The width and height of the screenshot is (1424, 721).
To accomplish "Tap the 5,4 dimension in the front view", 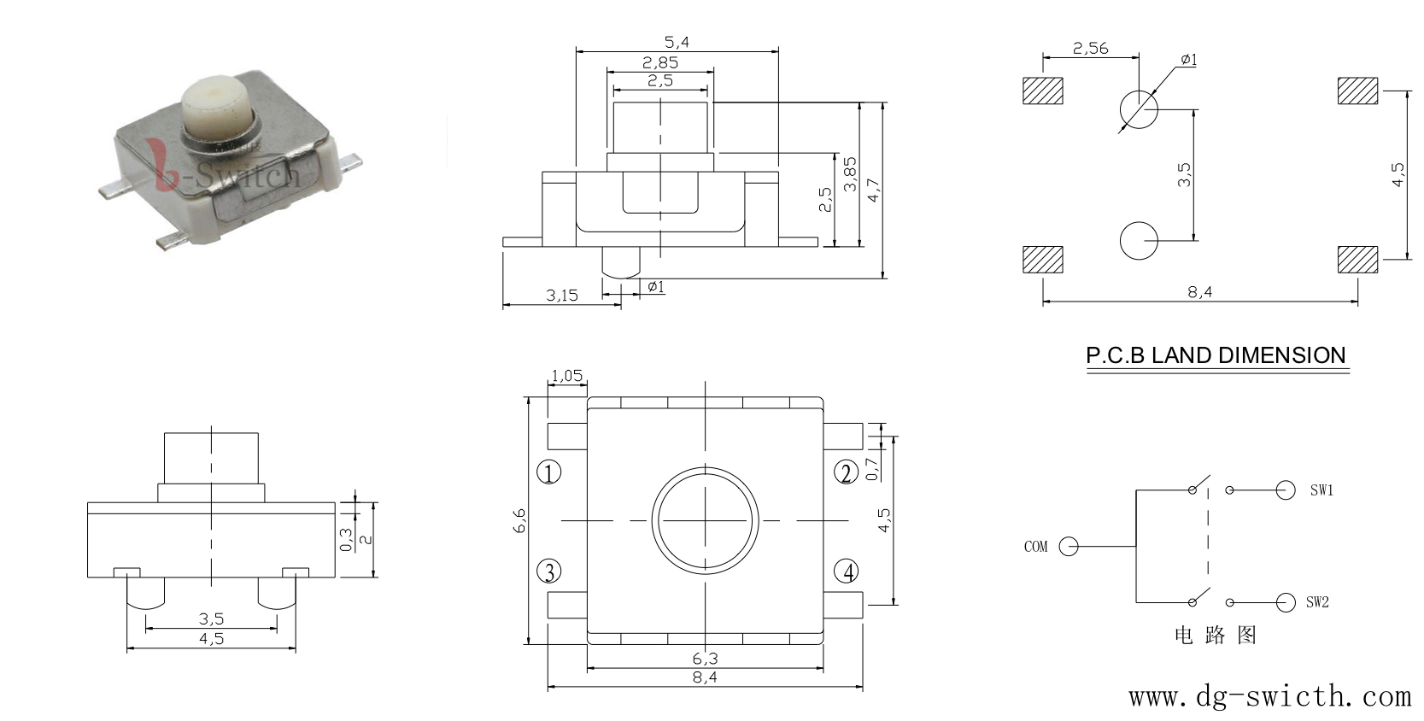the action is pyautogui.click(x=677, y=43).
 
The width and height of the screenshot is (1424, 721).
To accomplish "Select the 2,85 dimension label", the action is pyautogui.click(x=659, y=62).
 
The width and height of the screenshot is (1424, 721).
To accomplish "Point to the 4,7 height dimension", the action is pyautogui.click(x=874, y=191).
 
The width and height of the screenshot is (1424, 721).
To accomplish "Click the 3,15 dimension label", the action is pyautogui.click(x=562, y=296).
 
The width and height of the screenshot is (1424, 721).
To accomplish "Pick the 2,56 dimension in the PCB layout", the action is pyautogui.click(x=1090, y=49).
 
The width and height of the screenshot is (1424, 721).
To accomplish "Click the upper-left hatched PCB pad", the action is pyautogui.click(x=1042, y=91).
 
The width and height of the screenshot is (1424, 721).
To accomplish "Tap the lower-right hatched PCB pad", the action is pyautogui.click(x=1358, y=260).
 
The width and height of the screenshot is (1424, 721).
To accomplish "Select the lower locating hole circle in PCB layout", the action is pyautogui.click(x=1139, y=241).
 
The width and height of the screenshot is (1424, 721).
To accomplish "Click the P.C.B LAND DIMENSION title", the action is pyautogui.click(x=1216, y=355).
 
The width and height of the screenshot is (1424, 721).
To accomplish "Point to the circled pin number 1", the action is pyautogui.click(x=548, y=472).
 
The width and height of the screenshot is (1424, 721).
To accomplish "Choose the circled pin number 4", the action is pyautogui.click(x=847, y=571).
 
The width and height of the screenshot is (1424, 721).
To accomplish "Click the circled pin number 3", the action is pyautogui.click(x=549, y=571).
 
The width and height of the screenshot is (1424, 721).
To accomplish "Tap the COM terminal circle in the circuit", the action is pyautogui.click(x=1069, y=546).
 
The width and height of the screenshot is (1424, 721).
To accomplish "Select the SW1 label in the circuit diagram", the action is pyautogui.click(x=1321, y=490).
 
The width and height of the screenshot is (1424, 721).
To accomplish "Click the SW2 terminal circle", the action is pyautogui.click(x=1286, y=602).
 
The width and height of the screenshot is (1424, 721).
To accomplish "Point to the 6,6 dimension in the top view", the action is pyautogui.click(x=520, y=521).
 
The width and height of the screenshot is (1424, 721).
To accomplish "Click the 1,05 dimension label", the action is pyautogui.click(x=566, y=376).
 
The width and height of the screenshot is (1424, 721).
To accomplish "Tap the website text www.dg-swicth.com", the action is pyautogui.click(x=1269, y=696).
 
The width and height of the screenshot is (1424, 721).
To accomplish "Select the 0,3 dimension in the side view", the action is pyautogui.click(x=346, y=540).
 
